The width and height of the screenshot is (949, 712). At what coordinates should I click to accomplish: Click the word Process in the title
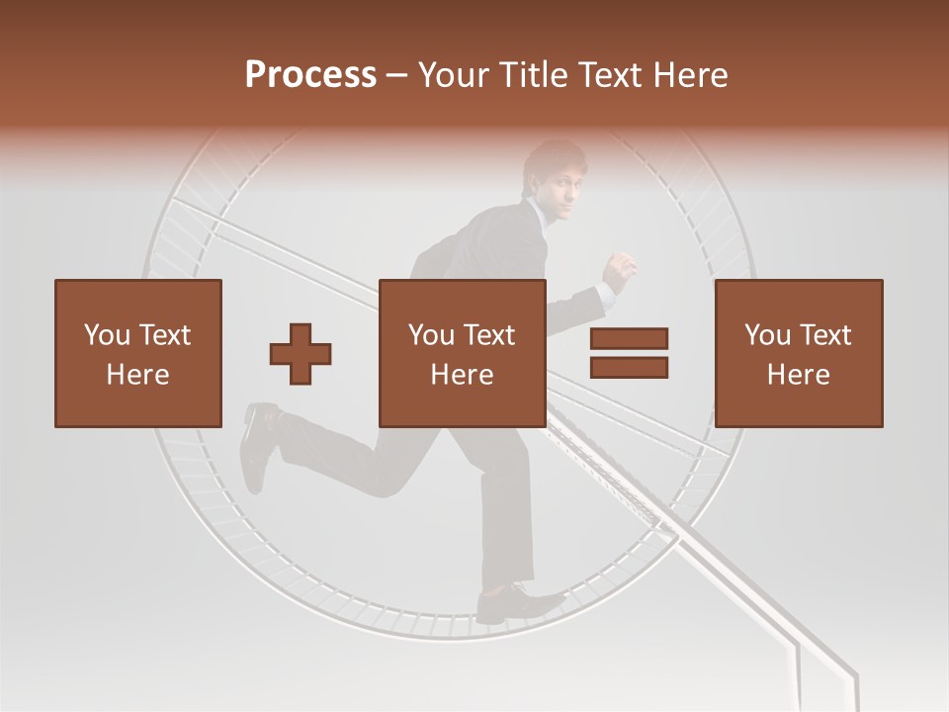(x=310, y=75)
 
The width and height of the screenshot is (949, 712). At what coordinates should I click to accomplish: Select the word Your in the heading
(x=455, y=75)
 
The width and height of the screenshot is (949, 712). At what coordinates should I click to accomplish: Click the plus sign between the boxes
(x=301, y=353)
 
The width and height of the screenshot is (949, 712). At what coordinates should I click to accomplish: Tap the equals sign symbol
(x=629, y=353)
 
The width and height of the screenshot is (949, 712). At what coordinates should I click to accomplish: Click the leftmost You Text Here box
(x=137, y=353)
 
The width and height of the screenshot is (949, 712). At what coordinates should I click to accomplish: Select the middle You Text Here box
(x=462, y=353)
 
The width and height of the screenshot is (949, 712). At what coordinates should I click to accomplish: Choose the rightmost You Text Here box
(x=798, y=353)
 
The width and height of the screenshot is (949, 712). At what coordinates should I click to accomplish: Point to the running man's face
(x=561, y=183)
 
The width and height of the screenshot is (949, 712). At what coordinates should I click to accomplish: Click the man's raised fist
(x=621, y=267)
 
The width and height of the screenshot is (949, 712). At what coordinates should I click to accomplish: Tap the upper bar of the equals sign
(x=629, y=338)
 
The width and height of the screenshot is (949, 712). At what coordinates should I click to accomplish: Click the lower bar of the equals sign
(x=629, y=367)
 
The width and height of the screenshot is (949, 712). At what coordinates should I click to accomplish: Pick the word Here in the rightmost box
(x=798, y=374)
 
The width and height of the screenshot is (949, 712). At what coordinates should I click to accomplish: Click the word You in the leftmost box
(x=107, y=334)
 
